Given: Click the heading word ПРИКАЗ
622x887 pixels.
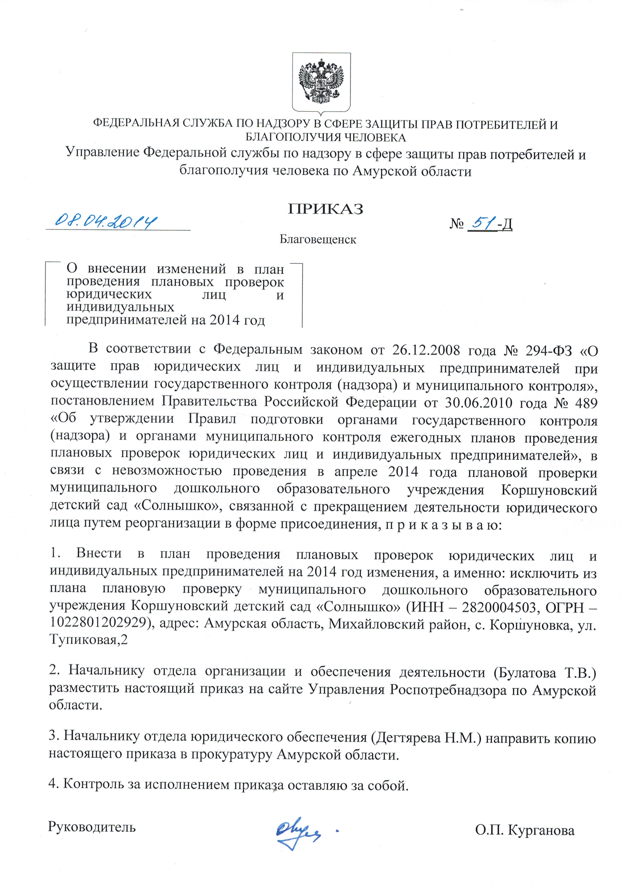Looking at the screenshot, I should click(x=325, y=209).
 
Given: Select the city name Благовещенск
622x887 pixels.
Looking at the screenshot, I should click(x=318, y=240).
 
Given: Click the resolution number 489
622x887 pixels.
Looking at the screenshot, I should click(x=586, y=402).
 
